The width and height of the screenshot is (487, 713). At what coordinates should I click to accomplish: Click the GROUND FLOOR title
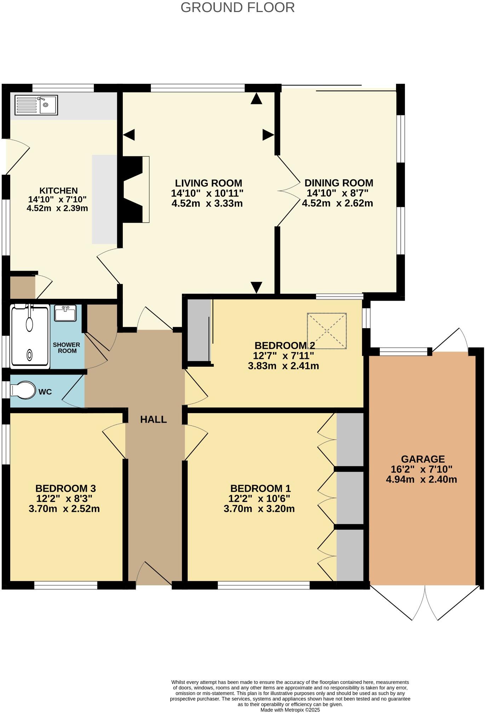point(237,7)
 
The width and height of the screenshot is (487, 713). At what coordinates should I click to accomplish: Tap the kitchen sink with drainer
point(36,105)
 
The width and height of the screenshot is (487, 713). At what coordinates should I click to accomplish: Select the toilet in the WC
point(23,390)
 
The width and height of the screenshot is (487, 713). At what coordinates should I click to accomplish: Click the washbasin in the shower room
point(65,313)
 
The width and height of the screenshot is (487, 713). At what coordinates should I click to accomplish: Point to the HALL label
point(153,419)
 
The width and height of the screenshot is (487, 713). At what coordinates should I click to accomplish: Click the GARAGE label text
point(423,459)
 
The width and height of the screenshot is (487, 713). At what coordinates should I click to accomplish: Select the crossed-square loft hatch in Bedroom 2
point(327,331)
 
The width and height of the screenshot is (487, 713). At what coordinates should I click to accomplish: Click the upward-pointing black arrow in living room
point(256,99)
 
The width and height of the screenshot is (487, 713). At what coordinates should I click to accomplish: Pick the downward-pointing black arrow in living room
point(256,287)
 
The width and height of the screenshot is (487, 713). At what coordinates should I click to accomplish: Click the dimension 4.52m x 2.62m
point(337,203)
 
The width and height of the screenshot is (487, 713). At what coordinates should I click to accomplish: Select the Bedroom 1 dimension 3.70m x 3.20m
point(259,509)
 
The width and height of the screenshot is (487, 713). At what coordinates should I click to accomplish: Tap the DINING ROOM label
point(339,183)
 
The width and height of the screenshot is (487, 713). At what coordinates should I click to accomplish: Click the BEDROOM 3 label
point(65,488)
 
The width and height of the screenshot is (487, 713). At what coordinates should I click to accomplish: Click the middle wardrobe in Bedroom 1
point(350,498)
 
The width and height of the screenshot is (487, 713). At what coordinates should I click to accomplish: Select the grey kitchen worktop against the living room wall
point(104,199)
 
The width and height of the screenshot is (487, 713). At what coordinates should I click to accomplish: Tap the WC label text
point(45,392)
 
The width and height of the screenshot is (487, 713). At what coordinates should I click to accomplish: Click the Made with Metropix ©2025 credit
point(290,709)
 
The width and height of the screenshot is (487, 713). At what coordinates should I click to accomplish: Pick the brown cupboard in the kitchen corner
point(22,287)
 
